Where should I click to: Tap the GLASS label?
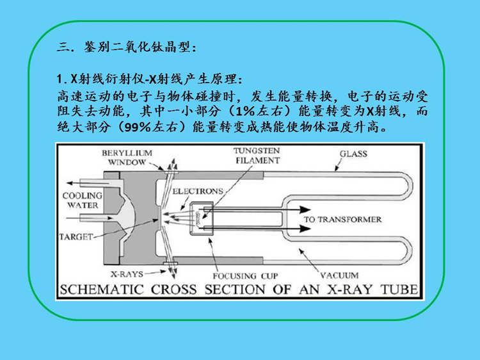[353, 154]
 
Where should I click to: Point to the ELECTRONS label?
[198, 191]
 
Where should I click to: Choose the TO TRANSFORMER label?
[342, 220]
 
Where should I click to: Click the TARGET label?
[76, 236]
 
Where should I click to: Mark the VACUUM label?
[339, 275]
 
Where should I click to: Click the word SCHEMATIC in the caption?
[102, 290]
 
